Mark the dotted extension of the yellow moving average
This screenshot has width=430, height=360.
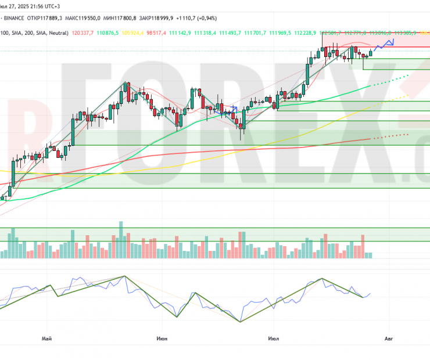click(395, 99)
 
